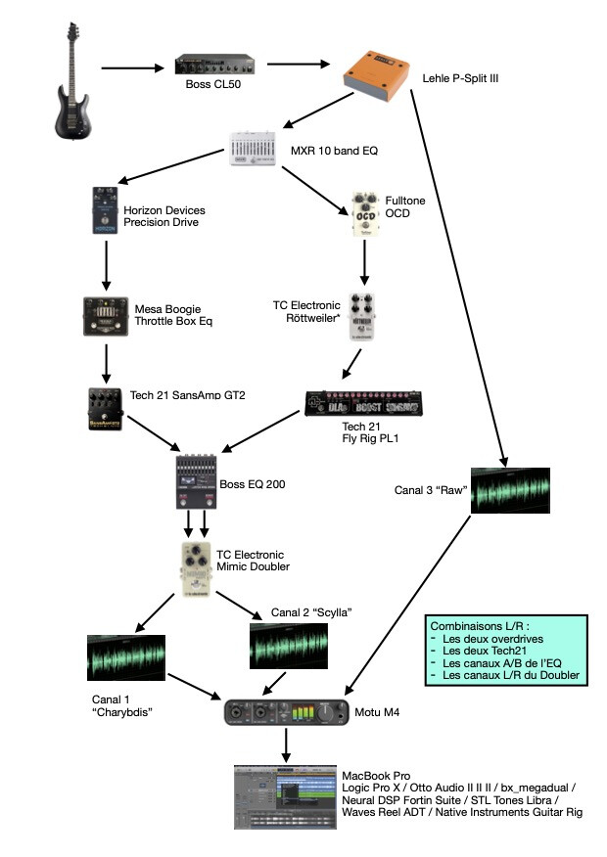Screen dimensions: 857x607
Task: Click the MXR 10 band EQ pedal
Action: click(257, 149)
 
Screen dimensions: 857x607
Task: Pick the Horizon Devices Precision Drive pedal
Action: click(101, 212)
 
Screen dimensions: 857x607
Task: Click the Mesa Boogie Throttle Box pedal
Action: click(106, 319)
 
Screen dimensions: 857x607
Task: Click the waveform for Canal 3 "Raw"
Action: click(509, 490)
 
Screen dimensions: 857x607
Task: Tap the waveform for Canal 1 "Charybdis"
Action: click(125, 659)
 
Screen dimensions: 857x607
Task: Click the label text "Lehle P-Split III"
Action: click(460, 76)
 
